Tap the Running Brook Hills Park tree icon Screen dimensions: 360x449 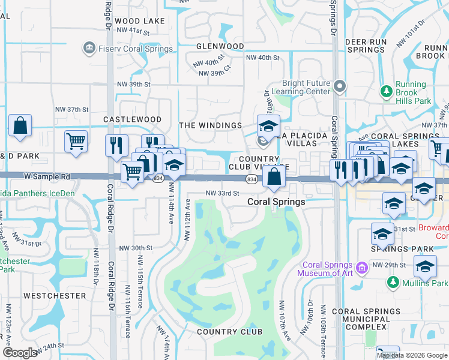(x=387, y=91)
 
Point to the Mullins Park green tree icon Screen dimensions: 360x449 (x=393, y=282)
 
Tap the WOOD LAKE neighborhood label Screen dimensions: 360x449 (x=139, y=21)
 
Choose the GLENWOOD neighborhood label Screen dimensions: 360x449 (x=220, y=46)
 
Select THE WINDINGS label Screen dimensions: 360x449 (x=210, y=125)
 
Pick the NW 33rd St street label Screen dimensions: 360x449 (x=223, y=193)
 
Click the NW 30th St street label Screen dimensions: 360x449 (x=136, y=248)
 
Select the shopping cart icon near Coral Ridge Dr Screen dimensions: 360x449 (x=76, y=142)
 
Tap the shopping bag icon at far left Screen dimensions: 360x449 (x=20, y=126)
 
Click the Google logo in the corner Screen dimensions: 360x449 (x=20, y=353)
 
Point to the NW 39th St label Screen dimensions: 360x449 (x=133, y=85)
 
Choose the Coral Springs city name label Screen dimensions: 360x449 (x=276, y=202)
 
